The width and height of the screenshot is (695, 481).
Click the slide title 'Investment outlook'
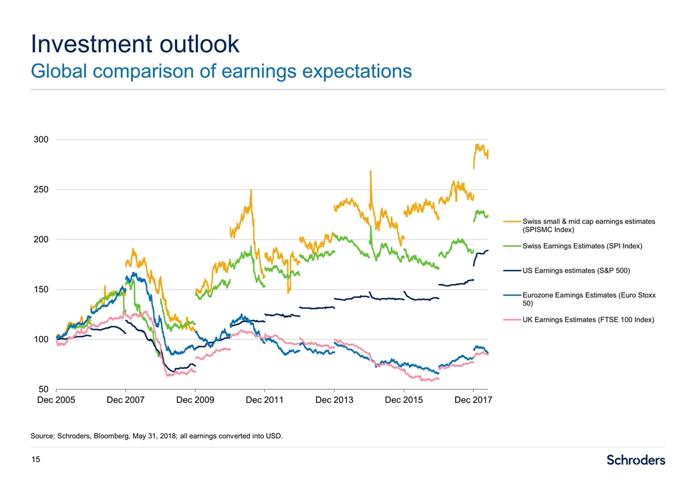click(135, 44)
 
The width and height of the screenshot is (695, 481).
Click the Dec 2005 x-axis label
click(56, 400)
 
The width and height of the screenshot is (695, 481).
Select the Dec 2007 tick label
click(126, 400)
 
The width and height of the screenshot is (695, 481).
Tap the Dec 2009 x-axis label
click(195, 400)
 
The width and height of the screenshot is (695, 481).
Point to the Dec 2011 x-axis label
click(265, 400)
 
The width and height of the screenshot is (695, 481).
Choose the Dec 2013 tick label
click(334, 400)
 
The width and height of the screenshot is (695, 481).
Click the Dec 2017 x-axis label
click(473, 400)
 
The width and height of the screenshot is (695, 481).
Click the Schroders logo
click(636, 460)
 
